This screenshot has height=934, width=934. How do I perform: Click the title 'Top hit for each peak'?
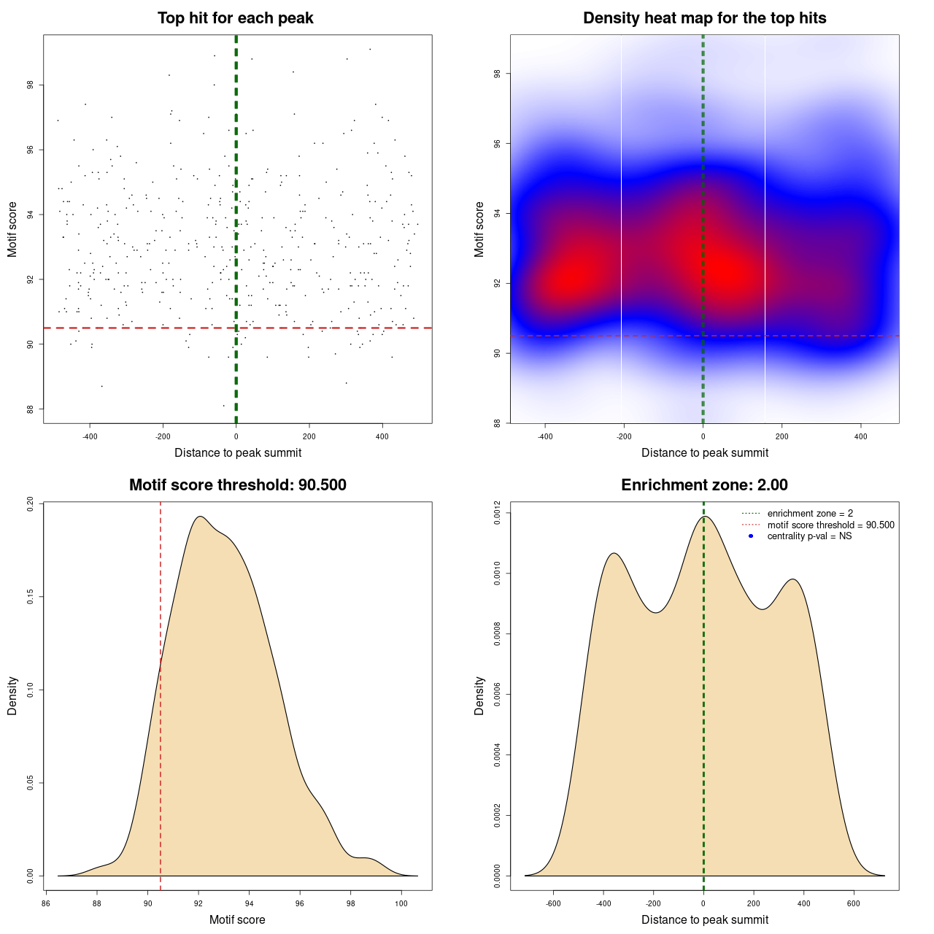click(x=235, y=18)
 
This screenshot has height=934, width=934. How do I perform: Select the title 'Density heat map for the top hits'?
click(x=704, y=18)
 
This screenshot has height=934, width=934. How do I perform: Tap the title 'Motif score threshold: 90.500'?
click(x=237, y=485)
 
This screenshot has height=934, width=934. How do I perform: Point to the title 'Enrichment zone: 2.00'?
click(x=704, y=485)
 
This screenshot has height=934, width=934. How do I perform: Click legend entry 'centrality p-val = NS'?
click(x=809, y=536)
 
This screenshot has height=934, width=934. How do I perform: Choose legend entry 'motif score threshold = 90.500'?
click(x=830, y=525)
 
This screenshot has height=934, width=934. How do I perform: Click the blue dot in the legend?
click(x=751, y=536)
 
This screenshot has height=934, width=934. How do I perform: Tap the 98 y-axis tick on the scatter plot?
click(x=30, y=85)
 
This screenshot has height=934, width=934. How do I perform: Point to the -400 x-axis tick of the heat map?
click(x=545, y=436)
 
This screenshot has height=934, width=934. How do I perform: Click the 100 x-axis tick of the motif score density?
click(x=401, y=903)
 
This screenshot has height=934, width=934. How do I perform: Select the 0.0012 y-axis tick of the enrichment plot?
click(x=497, y=513)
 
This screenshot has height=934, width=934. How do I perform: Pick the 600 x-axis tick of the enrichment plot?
click(x=854, y=903)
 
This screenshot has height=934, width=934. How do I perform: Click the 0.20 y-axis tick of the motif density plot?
click(x=30, y=505)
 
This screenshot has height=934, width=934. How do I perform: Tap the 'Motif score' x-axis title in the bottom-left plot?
click(x=237, y=919)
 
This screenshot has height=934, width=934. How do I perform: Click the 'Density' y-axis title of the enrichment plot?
click(x=479, y=695)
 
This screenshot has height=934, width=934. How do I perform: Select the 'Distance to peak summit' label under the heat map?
click(x=704, y=452)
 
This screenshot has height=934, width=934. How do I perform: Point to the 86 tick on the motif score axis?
click(x=47, y=903)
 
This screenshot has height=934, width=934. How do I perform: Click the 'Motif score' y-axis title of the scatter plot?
click(x=12, y=229)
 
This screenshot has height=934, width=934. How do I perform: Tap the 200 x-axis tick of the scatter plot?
click(x=309, y=436)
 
